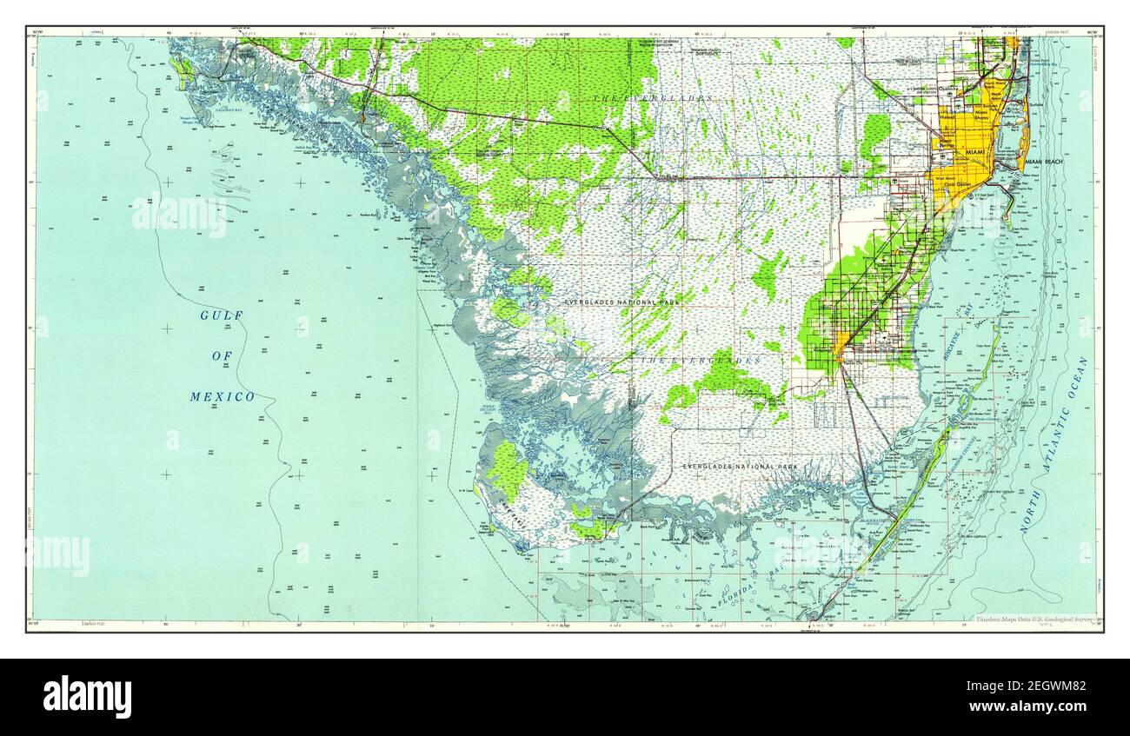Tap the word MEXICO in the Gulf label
coord(223,397)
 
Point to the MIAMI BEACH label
coord(1044,162)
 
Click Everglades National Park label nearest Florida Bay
coord(740,467)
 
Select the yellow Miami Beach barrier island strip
coord(1025,130)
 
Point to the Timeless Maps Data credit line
coord(1034,620)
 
